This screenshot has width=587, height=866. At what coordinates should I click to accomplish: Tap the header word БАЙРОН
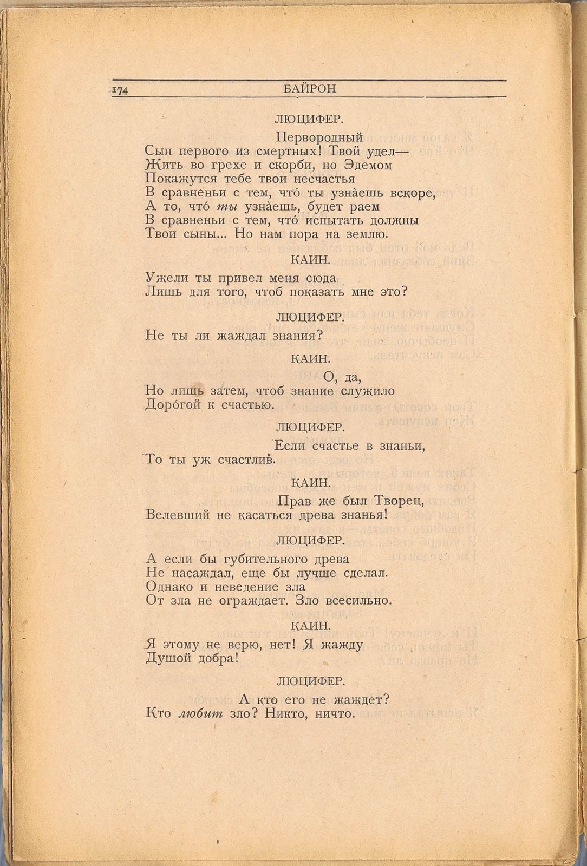point(309,89)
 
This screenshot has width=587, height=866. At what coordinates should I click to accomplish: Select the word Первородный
point(318,137)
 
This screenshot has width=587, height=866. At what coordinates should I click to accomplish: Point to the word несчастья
point(324,179)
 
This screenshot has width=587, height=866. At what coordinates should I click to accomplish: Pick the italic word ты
point(225,207)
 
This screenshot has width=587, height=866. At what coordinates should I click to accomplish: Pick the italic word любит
point(200,714)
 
